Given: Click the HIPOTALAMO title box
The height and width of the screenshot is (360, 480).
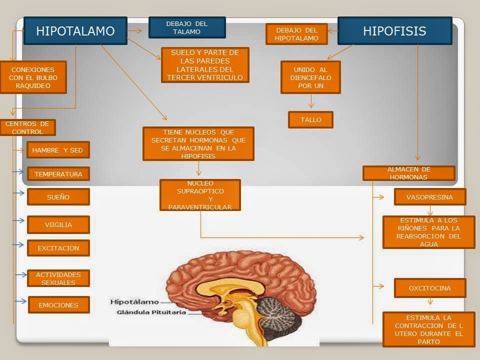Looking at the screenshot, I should [75, 31].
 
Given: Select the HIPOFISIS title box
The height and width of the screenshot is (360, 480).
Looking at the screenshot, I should [394, 31].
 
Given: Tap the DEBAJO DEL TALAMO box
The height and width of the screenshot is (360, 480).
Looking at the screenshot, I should [187, 27].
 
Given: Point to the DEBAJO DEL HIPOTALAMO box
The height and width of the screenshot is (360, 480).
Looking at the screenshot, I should [296, 34].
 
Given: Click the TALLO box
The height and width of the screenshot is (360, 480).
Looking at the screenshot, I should [310, 120].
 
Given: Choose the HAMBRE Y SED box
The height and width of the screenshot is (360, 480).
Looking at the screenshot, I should [58, 150].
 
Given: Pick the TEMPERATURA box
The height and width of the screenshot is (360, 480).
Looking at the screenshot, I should [58, 174].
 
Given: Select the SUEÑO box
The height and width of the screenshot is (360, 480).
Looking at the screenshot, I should [58, 197].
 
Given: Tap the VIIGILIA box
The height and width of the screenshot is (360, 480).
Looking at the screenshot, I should [58, 224].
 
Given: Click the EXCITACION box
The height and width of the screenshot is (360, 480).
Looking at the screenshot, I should [58, 248].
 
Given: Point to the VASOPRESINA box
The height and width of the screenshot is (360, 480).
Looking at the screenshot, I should [429, 197].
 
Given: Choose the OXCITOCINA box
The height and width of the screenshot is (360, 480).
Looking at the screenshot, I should [429, 288].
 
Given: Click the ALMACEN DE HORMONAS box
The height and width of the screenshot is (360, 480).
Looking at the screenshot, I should [408, 173].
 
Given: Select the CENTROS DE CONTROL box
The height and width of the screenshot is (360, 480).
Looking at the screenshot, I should [27, 127].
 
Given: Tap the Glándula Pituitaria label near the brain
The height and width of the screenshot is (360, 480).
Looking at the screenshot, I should [151, 312].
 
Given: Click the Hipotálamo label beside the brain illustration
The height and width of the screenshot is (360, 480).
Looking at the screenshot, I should [134, 301].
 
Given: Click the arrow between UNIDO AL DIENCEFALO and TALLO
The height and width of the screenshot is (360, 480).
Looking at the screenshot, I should [311, 102].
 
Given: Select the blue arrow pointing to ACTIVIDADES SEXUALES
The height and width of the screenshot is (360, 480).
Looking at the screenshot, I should [20, 274].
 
